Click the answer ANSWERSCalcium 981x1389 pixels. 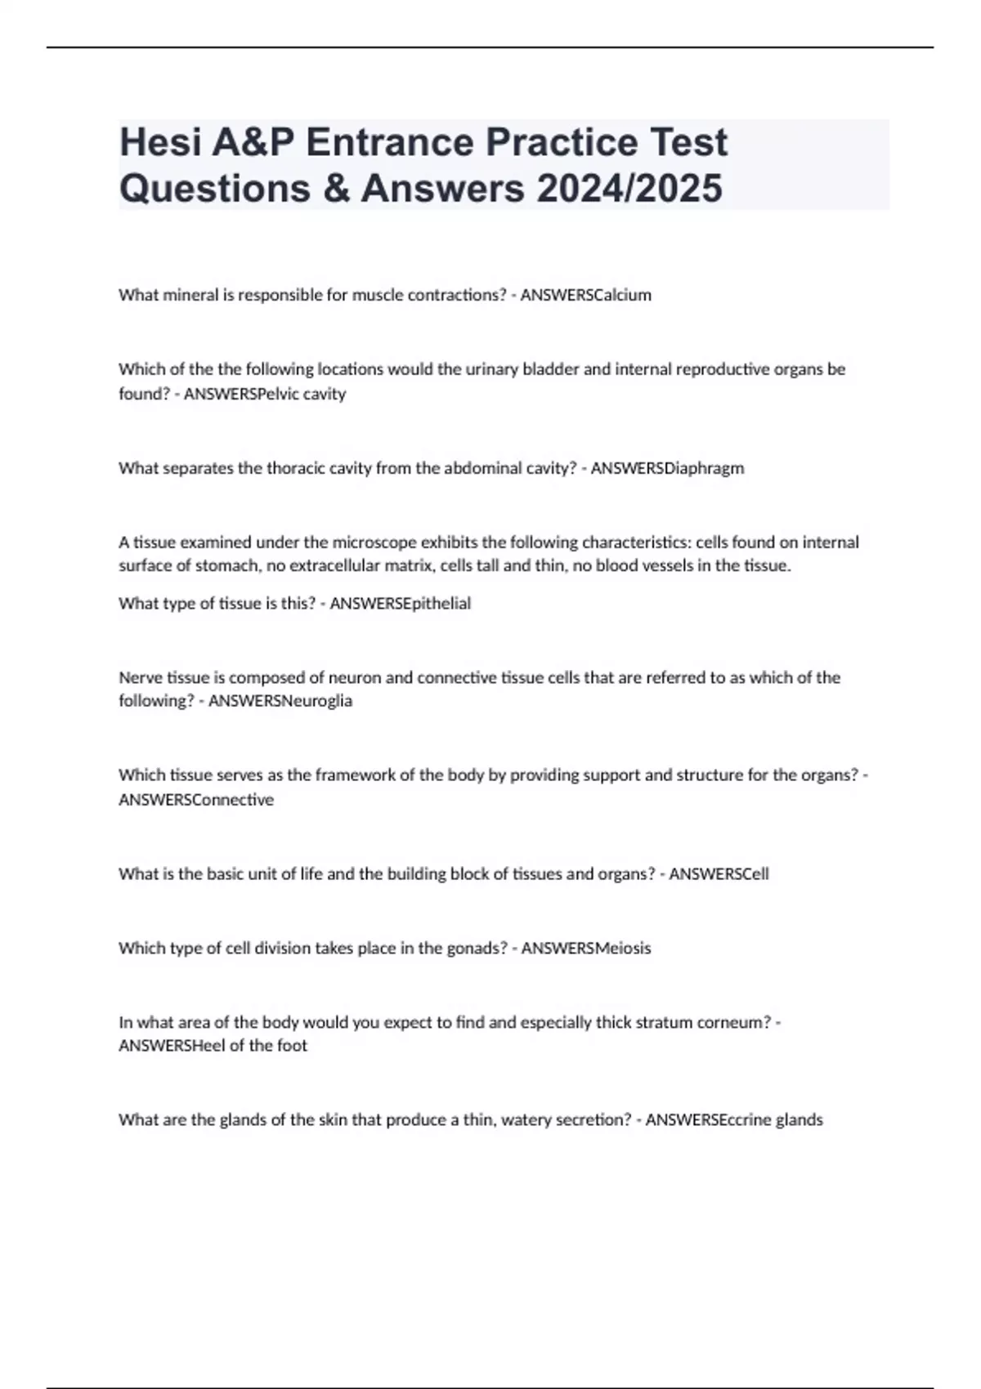(585, 295)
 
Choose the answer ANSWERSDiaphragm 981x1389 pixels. (667, 468)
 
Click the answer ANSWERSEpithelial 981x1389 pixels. (400, 604)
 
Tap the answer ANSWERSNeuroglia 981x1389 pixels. (280, 701)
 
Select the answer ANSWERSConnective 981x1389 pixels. (196, 800)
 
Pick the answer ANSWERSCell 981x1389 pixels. (719, 874)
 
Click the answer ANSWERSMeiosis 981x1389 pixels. (586, 949)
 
